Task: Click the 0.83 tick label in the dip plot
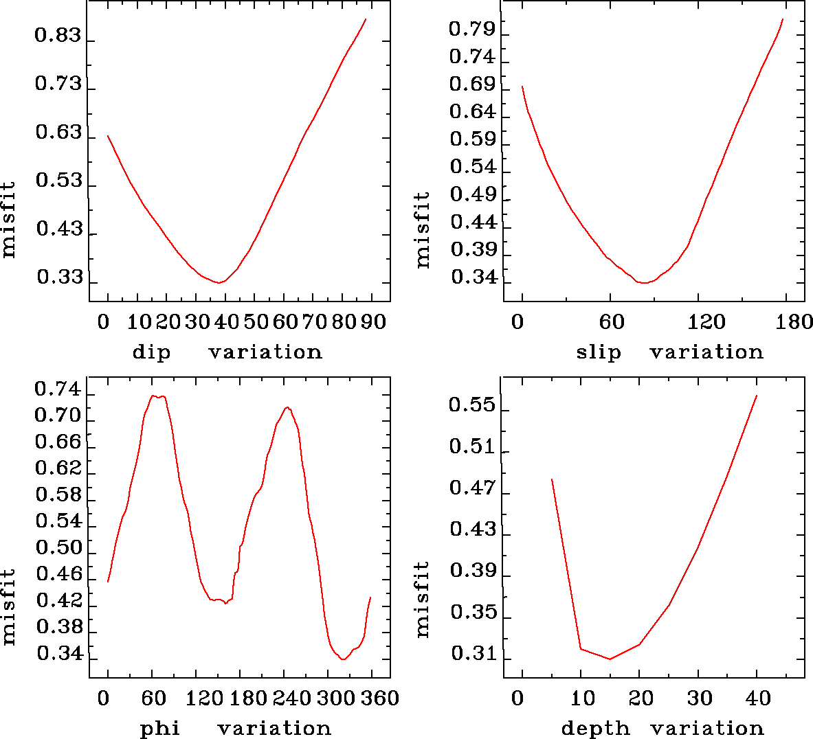(x=58, y=36)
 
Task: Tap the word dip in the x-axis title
(x=151, y=352)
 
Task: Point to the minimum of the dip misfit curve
(x=219, y=282)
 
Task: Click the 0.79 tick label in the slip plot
(x=472, y=29)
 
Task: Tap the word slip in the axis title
(x=599, y=352)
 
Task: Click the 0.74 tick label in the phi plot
(x=58, y=390)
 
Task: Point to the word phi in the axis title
(x=160, y=728)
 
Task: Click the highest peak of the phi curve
(x=157, y=396)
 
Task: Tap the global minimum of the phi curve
(x=343, y=659)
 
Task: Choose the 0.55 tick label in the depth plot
(x=472, y=405)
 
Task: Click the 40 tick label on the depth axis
(x=759, y=698)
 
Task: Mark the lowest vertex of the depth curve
(x=610, y=659)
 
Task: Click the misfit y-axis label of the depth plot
(x=422, y=600)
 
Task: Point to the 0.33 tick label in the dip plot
(x=59, y=277)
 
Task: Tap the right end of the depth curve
(x=757, y=396)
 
